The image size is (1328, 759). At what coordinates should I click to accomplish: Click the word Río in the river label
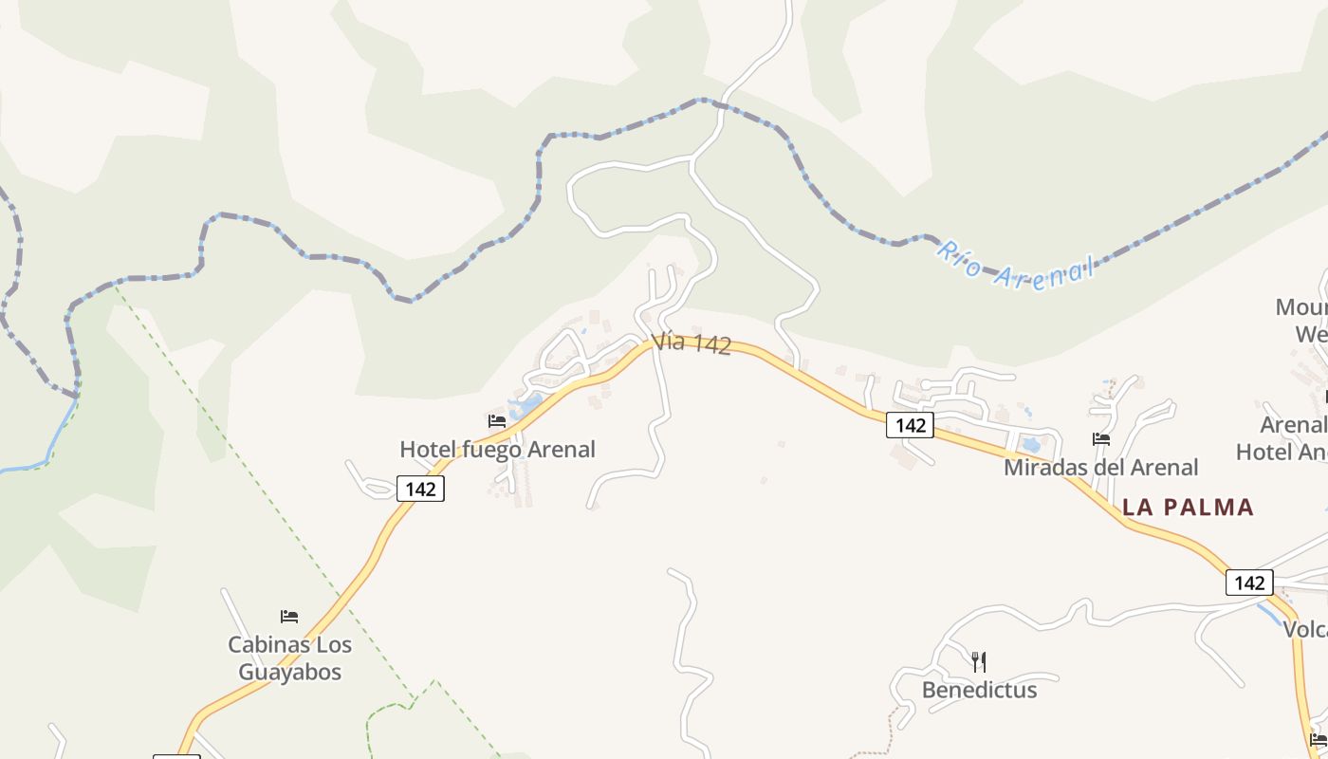(959, 258)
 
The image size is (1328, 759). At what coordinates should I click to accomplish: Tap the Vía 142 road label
(692, 342)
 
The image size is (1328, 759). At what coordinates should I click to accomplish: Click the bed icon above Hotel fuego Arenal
(496, 420)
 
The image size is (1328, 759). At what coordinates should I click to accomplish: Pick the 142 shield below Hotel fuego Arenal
(420, 489)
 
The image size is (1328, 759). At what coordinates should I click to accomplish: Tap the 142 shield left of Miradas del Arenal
(910, 425)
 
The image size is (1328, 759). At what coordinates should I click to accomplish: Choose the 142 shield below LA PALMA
(1248, 582)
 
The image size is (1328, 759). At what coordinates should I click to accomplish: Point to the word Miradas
(1042, 467)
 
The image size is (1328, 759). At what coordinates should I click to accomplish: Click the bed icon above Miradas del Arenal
(1100, 438)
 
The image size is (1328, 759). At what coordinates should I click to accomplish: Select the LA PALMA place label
(1188, 507)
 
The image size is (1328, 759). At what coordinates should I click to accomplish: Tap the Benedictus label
(979, 690)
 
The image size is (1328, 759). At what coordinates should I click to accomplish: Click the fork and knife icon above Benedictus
(979, 661)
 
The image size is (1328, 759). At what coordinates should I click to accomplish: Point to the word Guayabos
(289, 672)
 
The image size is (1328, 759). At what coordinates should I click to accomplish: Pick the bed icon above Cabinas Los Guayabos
(289, 617)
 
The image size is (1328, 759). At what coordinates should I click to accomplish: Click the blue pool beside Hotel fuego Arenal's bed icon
(526, 407)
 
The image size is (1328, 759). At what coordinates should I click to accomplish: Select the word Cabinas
(262, 644)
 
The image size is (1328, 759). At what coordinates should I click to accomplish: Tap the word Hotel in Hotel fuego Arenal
(429, 449)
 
